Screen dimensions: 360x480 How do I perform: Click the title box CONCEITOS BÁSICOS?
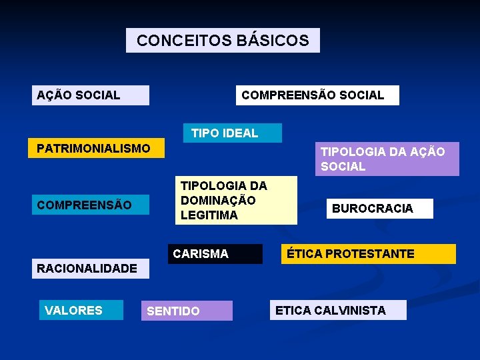pyautogui.click(x=223, y=40)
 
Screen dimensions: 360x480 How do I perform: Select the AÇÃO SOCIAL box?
pyautogui.click(x=91, y=95)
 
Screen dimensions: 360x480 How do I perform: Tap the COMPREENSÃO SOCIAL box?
pyautogui.click(x=317, y=95)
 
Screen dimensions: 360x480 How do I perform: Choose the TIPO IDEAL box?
pyautogui.click(x=232, y=133)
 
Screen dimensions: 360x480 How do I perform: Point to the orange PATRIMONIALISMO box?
pyautogui.click(x=96, y=148)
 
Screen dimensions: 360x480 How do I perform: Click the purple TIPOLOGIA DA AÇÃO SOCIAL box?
pyautogui.click(x=387, y=159)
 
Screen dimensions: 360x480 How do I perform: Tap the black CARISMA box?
pyautogui.click(x=215, y=254)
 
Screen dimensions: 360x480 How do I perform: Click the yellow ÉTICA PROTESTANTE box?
pyautogui.click(x=368, y=254)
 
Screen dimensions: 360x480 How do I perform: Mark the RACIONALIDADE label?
pyautogui.click(x=87, y=269)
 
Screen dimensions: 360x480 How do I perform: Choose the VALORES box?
pyautogui.click(x=81, y=310)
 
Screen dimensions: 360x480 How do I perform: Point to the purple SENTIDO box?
pyautogui.click(x=187, y=311)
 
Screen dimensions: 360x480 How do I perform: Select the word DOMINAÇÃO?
pyautogui.click(x=218, y=200)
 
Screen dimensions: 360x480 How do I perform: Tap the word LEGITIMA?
pyautogui.click(x=209, y=215)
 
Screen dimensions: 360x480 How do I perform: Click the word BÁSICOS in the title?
pyautogui.click(x=272, y=40)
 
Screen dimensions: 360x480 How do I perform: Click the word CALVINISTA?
pyautogui.click(x=350, y=310)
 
